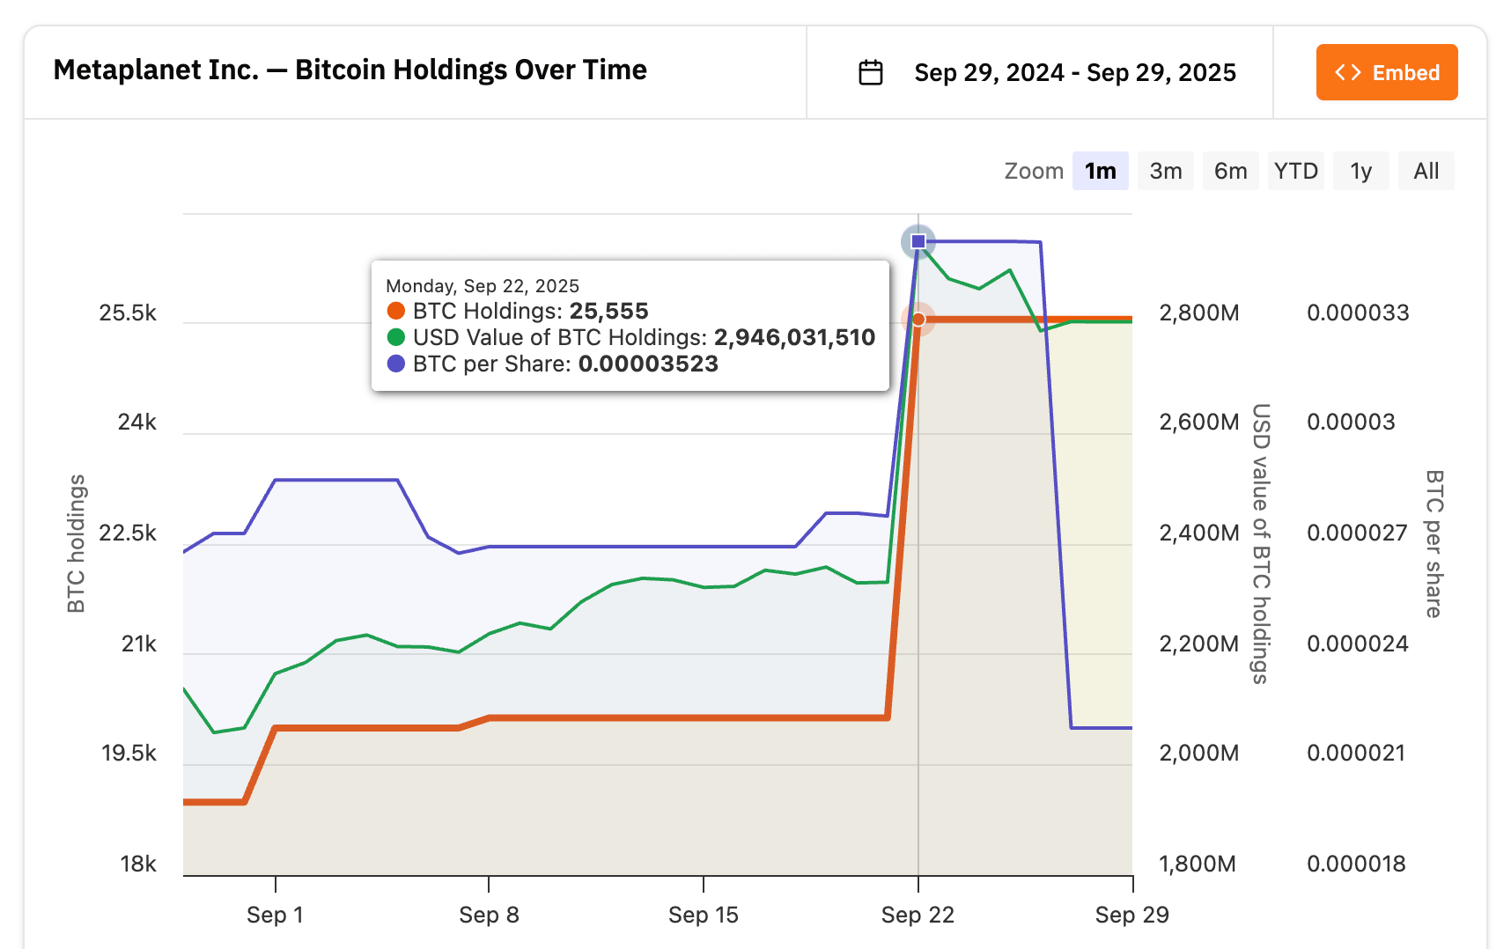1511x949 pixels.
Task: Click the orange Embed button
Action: pos(1387,72)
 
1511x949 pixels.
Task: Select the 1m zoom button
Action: pos(1100,171)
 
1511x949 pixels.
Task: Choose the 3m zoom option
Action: pos(1165,171)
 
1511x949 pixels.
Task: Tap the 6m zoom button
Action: pos(1230,171)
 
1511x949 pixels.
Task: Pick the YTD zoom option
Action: pos(1295,171)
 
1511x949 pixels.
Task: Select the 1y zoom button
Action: pos(1360,171)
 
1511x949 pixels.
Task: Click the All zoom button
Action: pos(1426,171)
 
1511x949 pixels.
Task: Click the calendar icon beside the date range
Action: pos(870,72)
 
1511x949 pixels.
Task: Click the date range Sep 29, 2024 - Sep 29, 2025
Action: pos(1074,72)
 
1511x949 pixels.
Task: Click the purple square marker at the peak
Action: pos(918,241)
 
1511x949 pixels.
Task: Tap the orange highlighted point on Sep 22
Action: pos(918,319)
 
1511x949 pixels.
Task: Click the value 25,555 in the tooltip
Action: pos(608,311)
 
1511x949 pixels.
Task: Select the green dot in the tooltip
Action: pos(396,337)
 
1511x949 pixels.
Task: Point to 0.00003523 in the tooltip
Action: pos(648,364)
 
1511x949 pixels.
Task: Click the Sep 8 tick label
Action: pos(489,915)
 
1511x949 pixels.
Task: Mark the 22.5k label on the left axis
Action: pos(128,533)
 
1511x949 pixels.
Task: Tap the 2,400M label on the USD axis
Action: pos(1198,533)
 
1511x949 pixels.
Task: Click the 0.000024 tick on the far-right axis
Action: pos(1357,644)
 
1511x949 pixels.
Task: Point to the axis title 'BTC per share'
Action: pos(1434,543)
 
